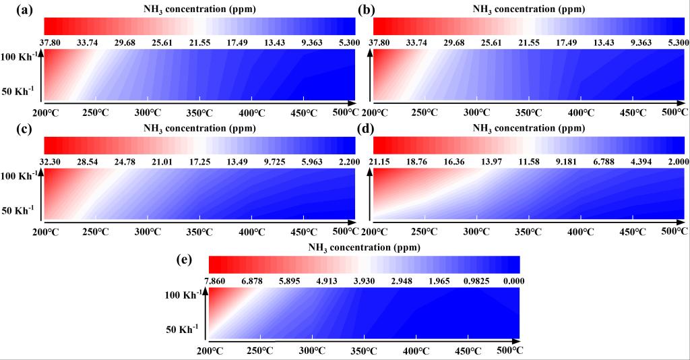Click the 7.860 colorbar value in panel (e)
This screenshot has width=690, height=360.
tap(221, 281)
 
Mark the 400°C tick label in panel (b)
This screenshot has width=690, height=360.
tap(579, 111)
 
